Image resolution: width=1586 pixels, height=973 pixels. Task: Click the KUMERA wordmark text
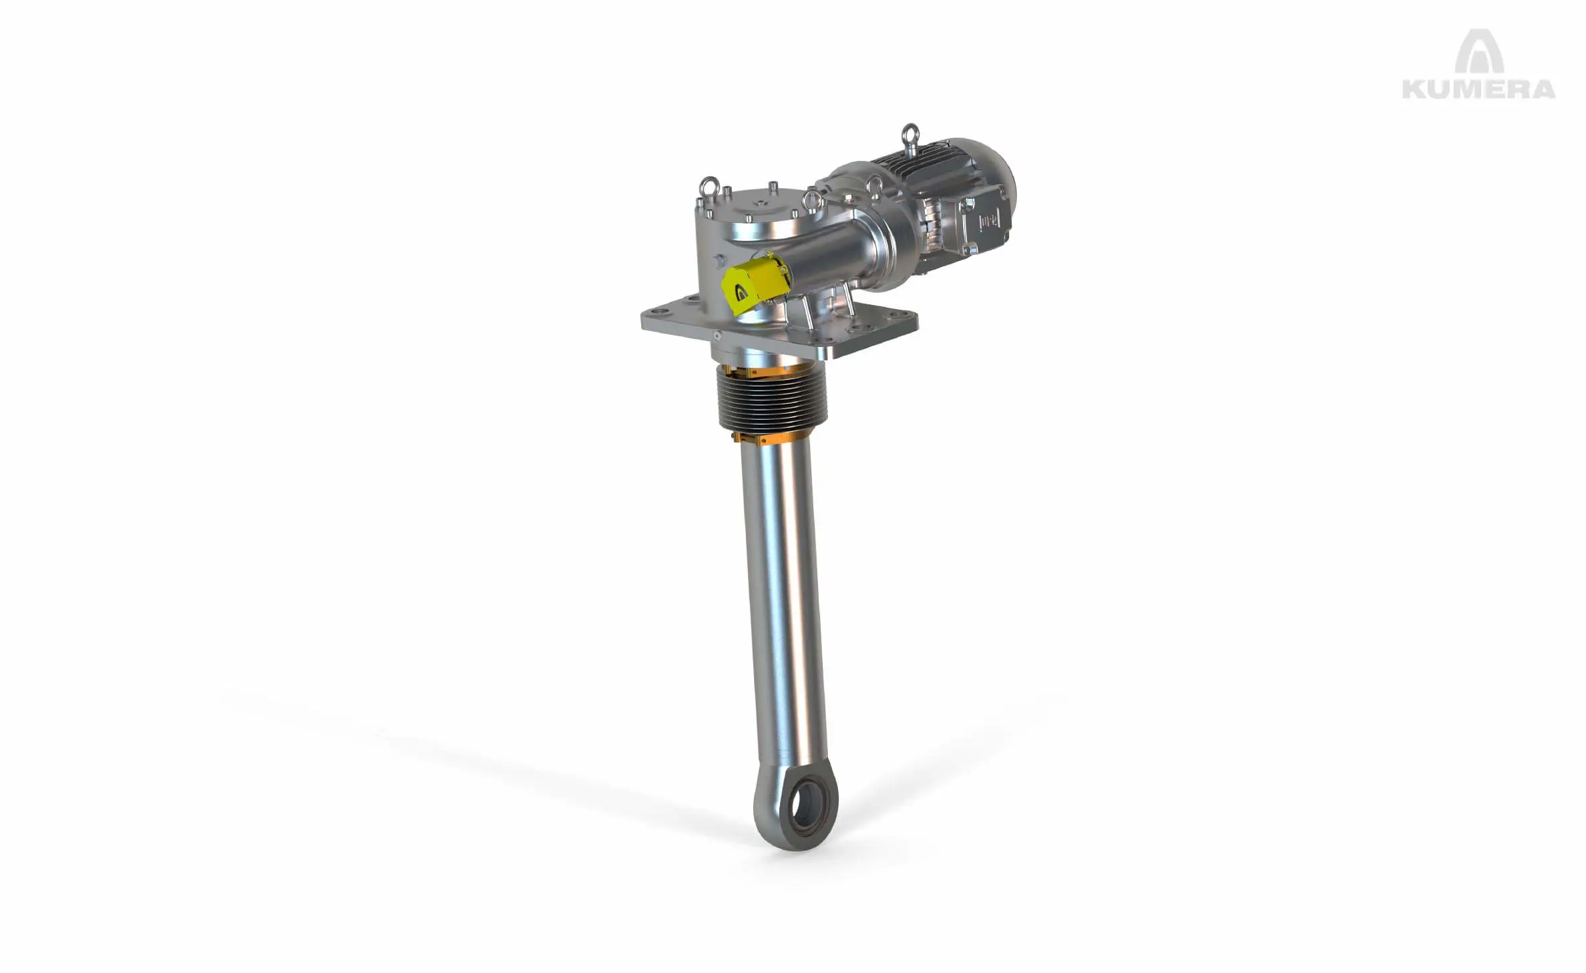1478,89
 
